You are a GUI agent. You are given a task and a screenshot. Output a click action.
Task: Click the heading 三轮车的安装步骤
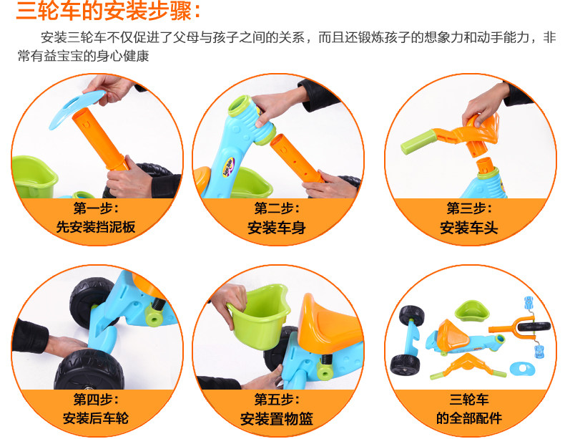104,11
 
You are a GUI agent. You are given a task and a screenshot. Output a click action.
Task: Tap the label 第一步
93,208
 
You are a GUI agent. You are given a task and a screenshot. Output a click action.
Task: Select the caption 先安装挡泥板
96,227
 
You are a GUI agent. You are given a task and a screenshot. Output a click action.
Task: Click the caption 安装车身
277,227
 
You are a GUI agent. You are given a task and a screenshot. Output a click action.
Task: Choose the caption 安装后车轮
96,418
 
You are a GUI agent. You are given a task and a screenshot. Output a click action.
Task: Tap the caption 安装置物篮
277,418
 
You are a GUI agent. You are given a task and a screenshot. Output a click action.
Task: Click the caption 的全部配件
468,418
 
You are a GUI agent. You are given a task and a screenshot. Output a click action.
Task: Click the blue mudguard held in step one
77,107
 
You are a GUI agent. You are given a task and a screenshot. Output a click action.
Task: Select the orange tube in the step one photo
100,139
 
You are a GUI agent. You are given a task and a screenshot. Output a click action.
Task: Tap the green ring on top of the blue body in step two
240,105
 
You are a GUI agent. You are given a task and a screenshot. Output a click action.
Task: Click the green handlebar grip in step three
418,143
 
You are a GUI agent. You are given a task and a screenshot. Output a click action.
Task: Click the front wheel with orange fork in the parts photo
520,327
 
